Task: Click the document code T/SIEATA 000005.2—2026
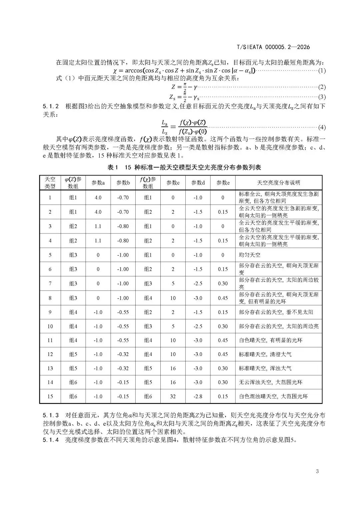tap(273, 47)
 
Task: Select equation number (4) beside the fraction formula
tap(322, 127)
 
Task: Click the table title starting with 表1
tap(184, 168)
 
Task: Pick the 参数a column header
tap(98, 183)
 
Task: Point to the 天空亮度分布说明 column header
tap(278, 183)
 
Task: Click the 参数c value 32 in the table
tap(173, 396)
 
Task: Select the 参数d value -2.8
tap(198, 396)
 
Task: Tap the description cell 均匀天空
tap(250, 255)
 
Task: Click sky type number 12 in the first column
tap(50, 354)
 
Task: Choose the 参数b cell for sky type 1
tap(123, 197)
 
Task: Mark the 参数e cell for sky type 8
tap(223, 298)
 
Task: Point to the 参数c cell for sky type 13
tap(173, 368)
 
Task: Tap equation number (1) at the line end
tap(322, 71)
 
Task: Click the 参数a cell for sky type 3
tap(98, 226)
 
